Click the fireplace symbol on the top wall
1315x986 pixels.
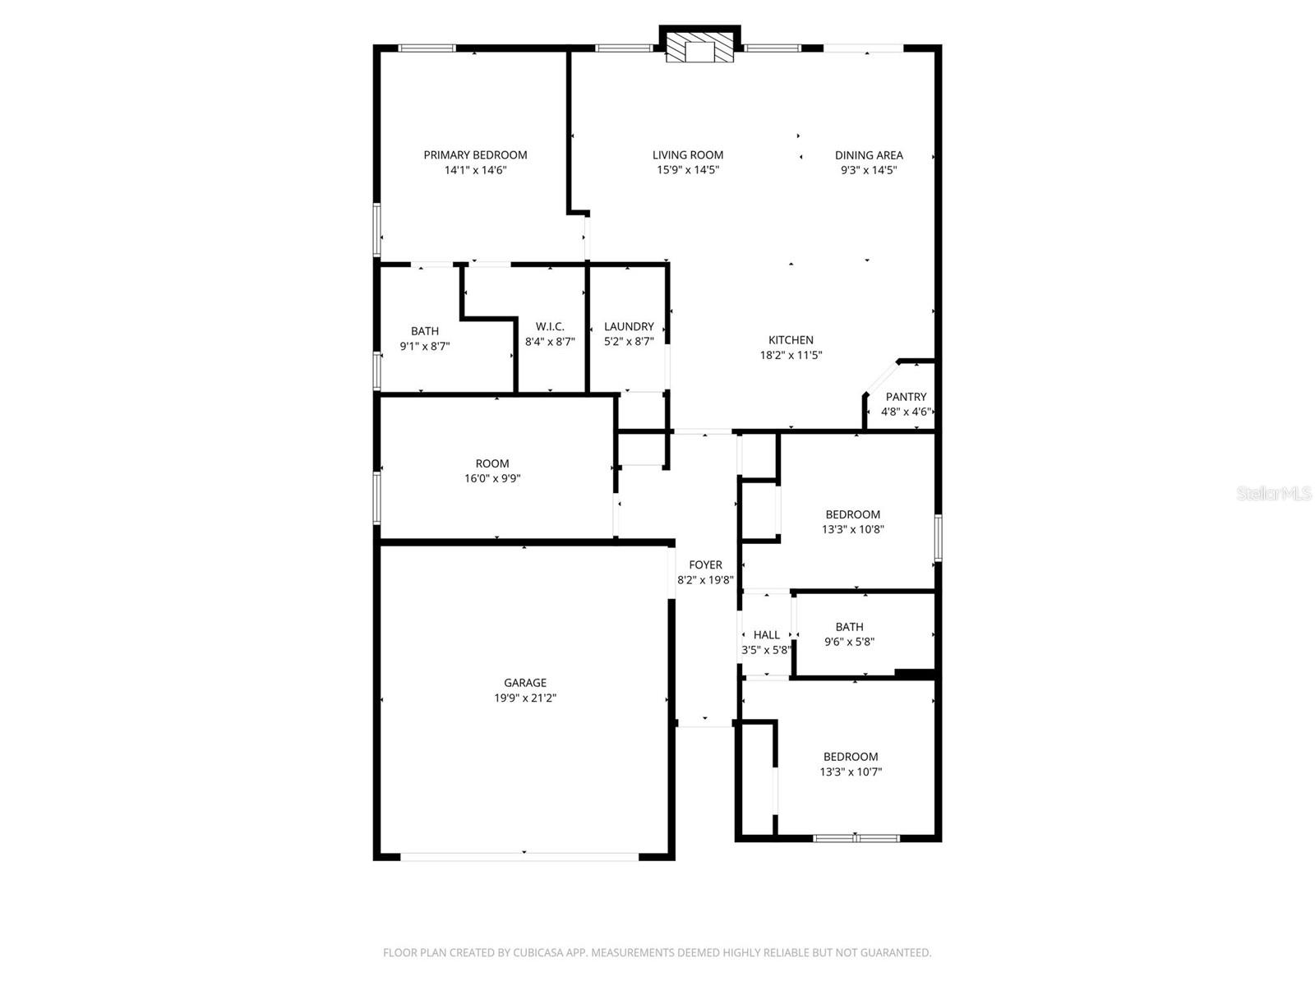coord(699,48)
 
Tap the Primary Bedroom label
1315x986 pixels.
coord(475,154)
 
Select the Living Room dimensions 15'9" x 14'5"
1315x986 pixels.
coord(688,170)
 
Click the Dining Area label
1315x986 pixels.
coord(869,154)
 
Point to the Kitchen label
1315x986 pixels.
coord(791,339)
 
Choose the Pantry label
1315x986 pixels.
coord(906,397)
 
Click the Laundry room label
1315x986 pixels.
coord(629,326)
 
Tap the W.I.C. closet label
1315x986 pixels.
coord(550,326)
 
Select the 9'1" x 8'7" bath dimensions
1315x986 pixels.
coord(425,346)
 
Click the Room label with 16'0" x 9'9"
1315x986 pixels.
coord(492,463)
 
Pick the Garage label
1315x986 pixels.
coord(525,682)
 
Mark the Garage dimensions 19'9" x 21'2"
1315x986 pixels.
coord(525,698)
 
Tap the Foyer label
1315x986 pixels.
coord(705,564)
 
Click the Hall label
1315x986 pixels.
coord(766,634)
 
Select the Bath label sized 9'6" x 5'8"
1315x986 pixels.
coord(849,627)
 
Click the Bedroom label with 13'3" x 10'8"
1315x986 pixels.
coord(853,514)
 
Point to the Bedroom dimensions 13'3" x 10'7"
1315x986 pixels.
coord(851,772)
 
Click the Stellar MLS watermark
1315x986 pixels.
coord(1274,493)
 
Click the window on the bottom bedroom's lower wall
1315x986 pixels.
coord(856,838)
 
